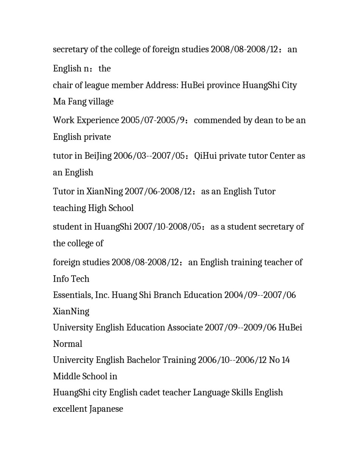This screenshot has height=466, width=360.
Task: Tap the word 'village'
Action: click(101, 102)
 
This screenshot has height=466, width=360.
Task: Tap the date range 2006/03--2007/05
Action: click(151, 156)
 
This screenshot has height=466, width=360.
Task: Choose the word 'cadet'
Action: click(150, 392)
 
